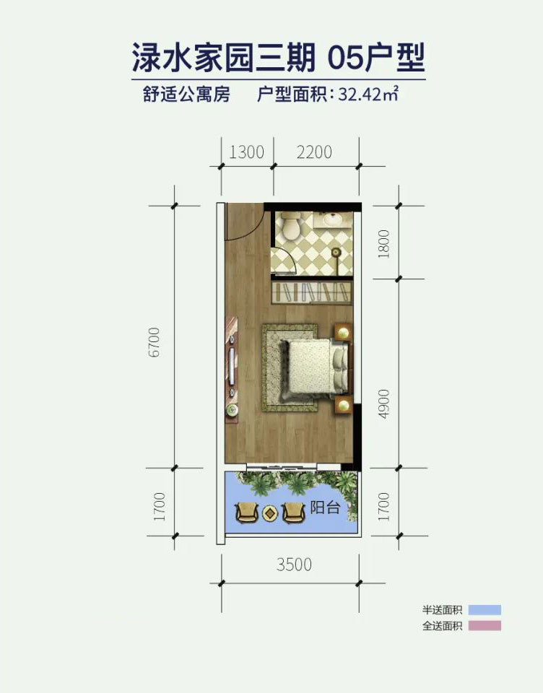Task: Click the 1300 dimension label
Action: click(246, 152)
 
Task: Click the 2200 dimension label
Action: click(314, 152)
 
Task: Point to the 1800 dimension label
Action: click(383, 244)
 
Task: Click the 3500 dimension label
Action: click(294, 564)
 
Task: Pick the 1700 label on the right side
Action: click(383, 506)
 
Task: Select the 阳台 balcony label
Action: click(324, 507)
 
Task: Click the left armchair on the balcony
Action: click(246, 513)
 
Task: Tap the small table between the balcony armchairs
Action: click(270, 513)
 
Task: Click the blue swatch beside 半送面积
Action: click(484, 609)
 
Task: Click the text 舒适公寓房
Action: click(186, 95)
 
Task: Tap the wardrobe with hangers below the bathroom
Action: click(311, 293)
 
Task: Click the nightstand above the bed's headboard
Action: click(342, 332)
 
